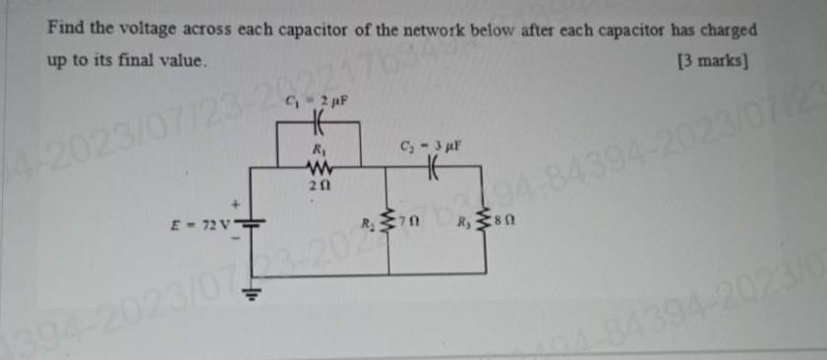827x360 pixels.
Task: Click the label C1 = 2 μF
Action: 315,99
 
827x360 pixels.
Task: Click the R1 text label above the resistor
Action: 317,148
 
